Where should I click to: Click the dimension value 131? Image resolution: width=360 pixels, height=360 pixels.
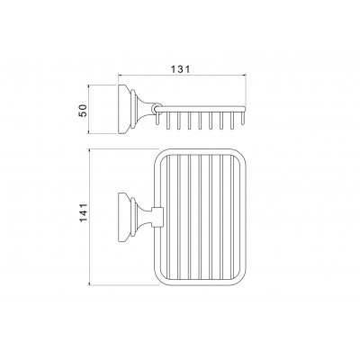click(181, 69)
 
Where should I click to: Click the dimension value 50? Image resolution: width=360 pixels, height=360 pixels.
click(83, 110)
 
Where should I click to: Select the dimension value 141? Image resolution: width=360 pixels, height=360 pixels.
click(83, 212)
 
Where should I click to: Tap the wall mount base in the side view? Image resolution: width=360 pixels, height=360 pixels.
click(124, 110)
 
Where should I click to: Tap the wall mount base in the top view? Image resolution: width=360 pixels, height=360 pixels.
click(124, 217)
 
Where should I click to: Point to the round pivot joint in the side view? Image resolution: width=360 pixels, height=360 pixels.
click(156, 108)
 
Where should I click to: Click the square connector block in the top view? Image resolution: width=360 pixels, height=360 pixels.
click(157, 217)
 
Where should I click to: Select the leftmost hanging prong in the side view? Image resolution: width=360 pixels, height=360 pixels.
click(157, 118)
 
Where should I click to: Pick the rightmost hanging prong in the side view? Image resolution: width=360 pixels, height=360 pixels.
click(243, 118)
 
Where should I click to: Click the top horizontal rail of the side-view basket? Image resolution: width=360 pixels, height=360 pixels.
click(202, 108)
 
